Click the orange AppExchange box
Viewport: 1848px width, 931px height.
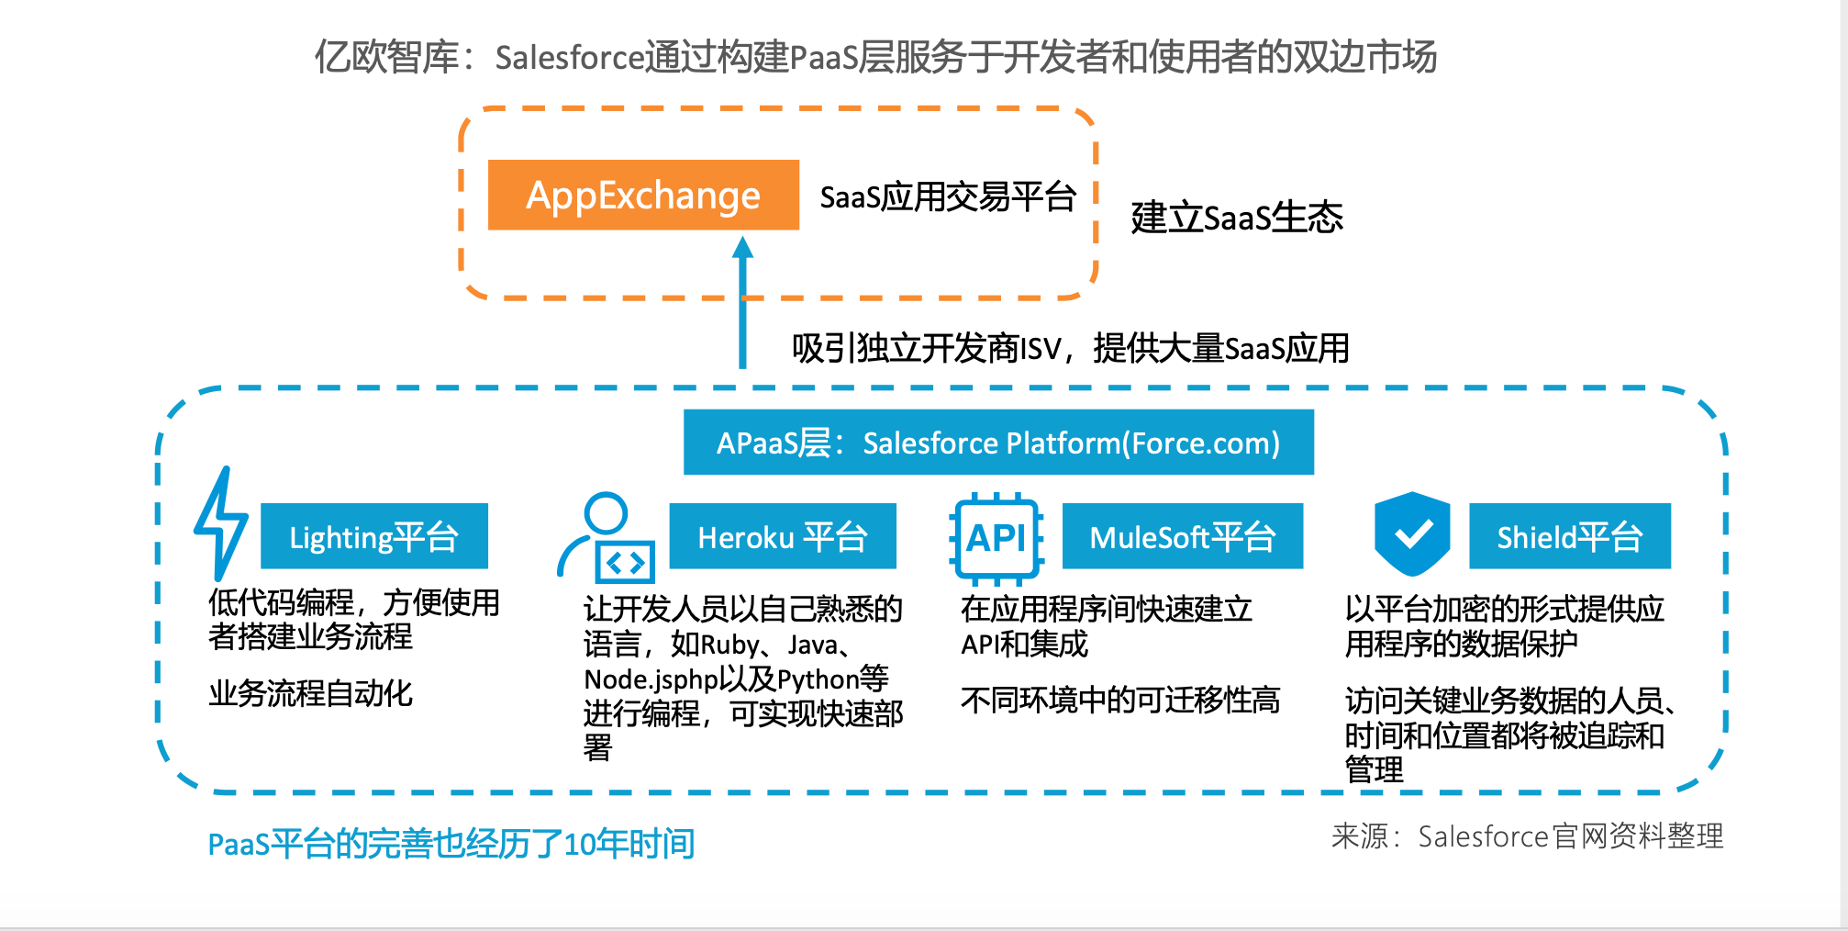(x=643, y=195)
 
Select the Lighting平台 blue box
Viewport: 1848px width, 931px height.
(x=373, y=536)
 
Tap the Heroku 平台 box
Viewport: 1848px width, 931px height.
(x=782, y=536)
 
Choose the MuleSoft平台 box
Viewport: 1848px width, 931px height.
(x=1182, y=536)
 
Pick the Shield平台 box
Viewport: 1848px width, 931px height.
(x=1569, y=536)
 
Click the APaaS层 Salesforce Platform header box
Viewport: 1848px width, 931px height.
(x=998, y=443)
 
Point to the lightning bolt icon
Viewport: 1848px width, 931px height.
(x=220, y=523)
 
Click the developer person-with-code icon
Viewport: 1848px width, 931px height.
(x=606, y=540)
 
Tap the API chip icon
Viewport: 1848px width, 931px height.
(x=996, y=539)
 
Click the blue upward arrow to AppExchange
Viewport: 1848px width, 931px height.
(x=742, y=303)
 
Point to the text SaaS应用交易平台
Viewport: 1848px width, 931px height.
(x=947, y=196)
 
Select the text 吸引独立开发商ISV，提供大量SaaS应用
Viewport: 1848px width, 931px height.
(x=1070, y=349)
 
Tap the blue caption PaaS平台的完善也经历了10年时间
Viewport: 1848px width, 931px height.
(x=451, y=844)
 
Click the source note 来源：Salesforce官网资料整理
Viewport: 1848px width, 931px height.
(x=1527, y=836)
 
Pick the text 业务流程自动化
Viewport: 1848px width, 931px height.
(x=310, y=693)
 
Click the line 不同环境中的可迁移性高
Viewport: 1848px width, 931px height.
(x=1119, y=701)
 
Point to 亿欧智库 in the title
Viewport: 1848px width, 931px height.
(x=386, y=57)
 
